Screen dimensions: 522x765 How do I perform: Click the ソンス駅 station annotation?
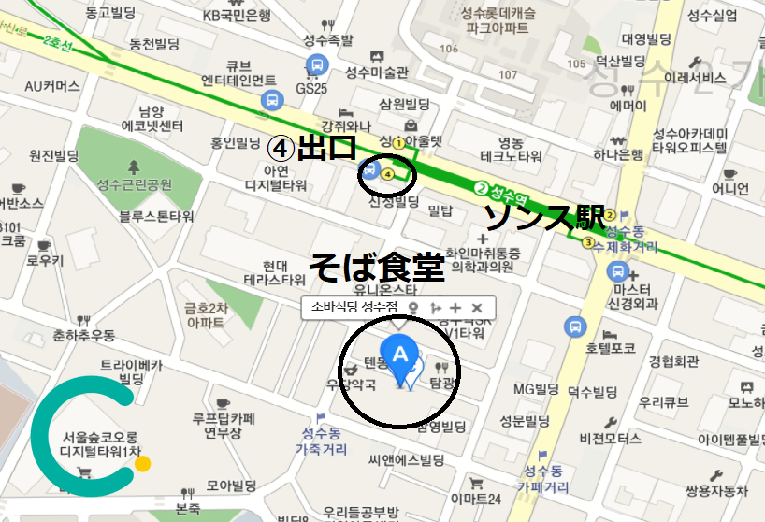tap(543, 217)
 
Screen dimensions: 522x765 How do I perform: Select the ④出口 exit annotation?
tap(313, 148)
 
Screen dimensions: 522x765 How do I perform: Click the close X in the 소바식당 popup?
tap(476, 308)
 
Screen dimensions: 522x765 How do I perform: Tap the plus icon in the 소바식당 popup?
tap(455, 308)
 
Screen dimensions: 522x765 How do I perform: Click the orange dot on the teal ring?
tap(142, 463)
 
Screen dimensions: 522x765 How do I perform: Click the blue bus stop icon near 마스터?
tap(616, 271)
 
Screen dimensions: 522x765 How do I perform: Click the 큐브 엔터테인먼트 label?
tap(238, 72)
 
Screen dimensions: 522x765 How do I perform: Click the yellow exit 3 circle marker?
tap(588, 243)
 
